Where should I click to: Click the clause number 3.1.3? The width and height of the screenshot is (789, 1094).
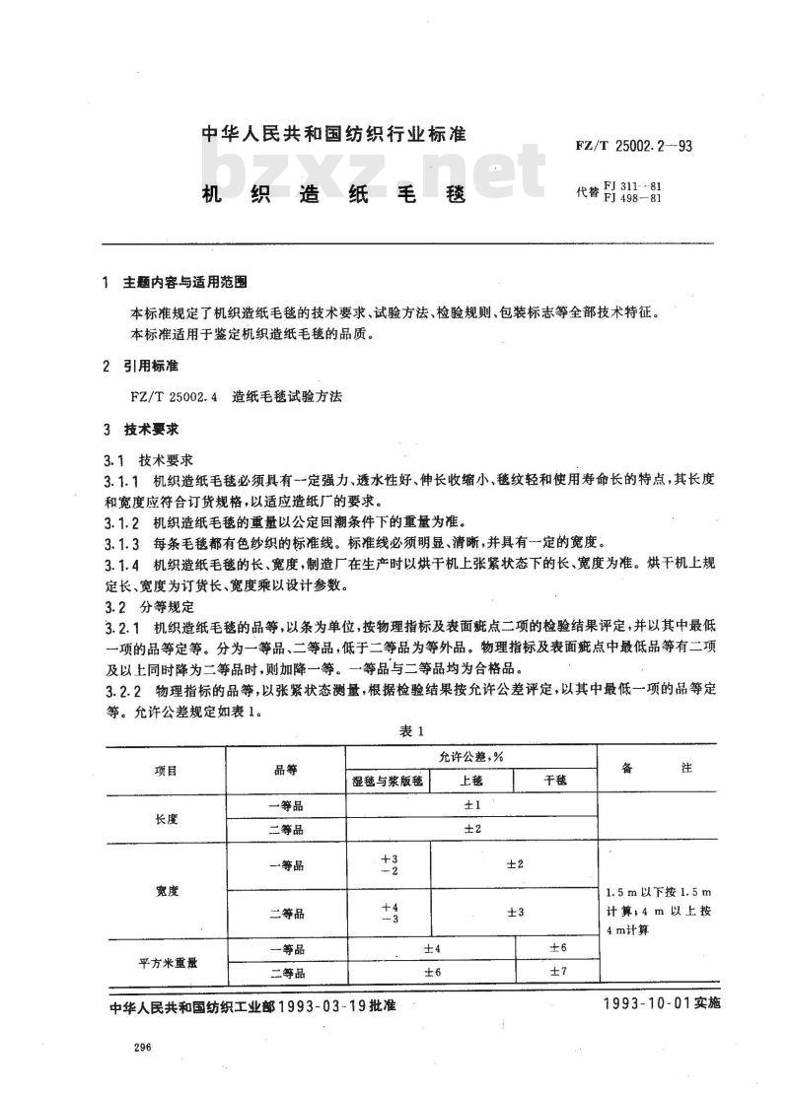tap(122, 543)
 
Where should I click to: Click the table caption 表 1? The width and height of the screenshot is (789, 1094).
tap(411, 730)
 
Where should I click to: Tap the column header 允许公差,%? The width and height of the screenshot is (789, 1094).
tap(471, 756)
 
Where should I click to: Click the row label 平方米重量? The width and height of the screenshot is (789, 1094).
tap(167, 961)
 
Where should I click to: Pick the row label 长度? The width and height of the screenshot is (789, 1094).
tap(167, 817)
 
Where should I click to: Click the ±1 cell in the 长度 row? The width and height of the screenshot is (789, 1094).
tap(471, 805)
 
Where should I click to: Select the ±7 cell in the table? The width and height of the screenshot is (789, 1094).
tap(556, 973)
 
